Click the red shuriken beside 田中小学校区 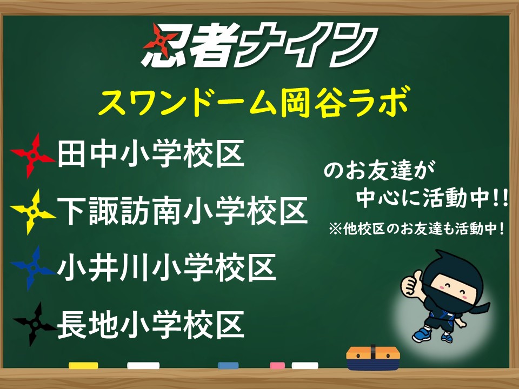[32, 155]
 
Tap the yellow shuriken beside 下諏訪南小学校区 [32, 212]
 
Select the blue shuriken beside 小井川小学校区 [32, 268]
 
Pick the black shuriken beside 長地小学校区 [34, 324]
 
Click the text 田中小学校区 [151, 154]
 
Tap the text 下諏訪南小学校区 [183, 211]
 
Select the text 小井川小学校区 [167, 267]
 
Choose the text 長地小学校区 [151, 324]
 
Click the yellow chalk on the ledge [83, 365]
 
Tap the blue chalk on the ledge [228, 365]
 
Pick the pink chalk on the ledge [277, 365]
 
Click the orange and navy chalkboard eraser [373, 358]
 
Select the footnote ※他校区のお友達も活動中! [417, 229]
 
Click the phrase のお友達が [380, 171]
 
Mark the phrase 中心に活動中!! [432, 198]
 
